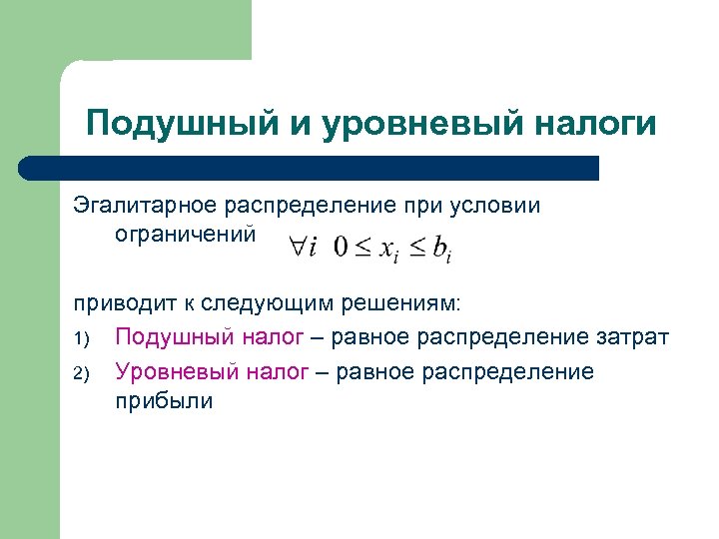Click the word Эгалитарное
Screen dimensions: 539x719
(145, 206)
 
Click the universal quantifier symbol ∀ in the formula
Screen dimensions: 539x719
(297, 246)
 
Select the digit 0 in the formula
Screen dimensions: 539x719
(341, 247)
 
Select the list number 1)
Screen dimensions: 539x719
(82, 339)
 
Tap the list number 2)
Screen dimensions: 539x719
(82, 374)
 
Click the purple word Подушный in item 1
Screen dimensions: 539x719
(176, 337)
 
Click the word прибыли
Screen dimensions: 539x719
(164, 401)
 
